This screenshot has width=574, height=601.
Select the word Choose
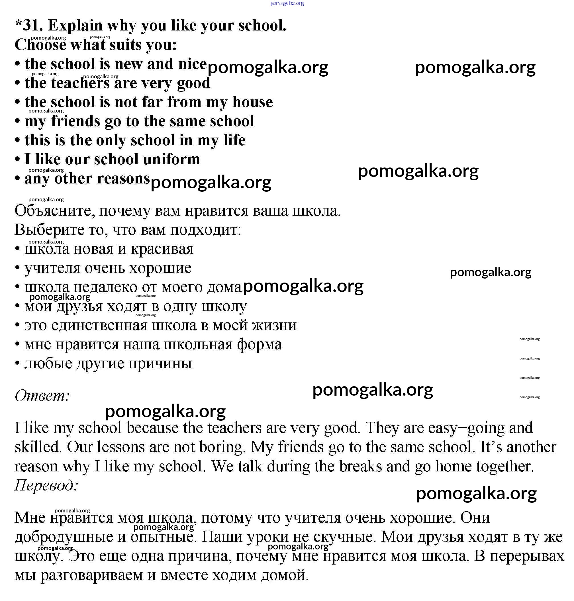pos(40,45)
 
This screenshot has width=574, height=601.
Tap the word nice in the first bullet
pos(193,64)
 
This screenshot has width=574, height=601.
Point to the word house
pos(252,102)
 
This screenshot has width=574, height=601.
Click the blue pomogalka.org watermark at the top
pos(287,3)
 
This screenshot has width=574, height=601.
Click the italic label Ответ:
pos(42,396)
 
